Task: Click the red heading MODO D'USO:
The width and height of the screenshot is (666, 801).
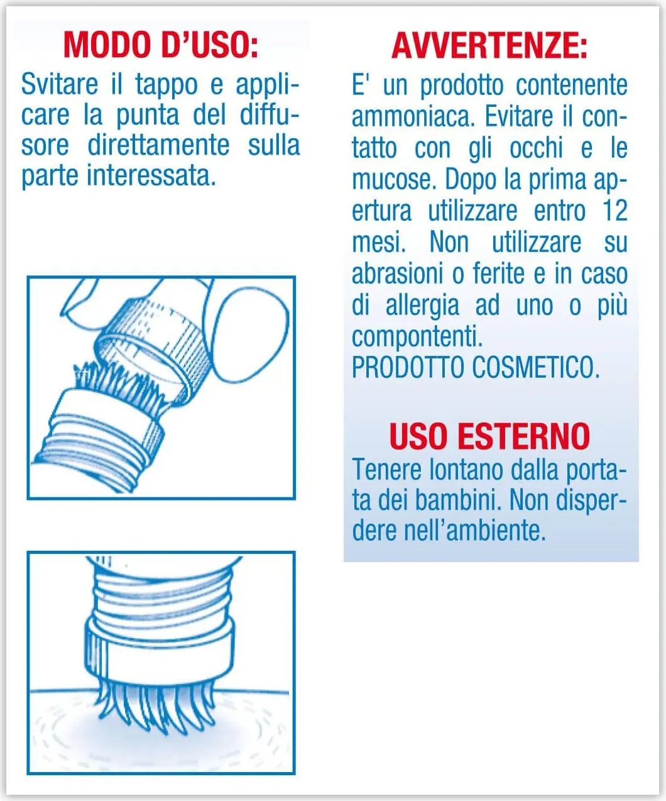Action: (x=161, y=45)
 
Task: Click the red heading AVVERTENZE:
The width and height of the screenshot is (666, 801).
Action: (x=489, y=45)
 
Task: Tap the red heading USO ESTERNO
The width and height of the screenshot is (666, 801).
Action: (x=489, y=436)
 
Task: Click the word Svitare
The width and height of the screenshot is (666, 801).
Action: (x=60, y=84)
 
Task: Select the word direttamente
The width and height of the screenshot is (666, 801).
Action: (x=158, y=145)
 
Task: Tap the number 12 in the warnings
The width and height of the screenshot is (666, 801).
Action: (x=614, y=210)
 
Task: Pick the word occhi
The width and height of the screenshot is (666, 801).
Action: (x=536, y=148)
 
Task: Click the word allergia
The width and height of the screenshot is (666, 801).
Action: (x=422, y=306)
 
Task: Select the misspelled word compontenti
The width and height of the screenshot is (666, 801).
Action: (x=417, y=336)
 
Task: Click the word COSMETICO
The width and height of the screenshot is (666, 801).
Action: (x=536, y=368)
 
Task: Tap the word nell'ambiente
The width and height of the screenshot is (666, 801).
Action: (x=475, y=531)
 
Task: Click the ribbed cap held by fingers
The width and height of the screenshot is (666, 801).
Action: (x=153, y=352)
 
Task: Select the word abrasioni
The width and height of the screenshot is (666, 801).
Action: (x=398, y=273)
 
